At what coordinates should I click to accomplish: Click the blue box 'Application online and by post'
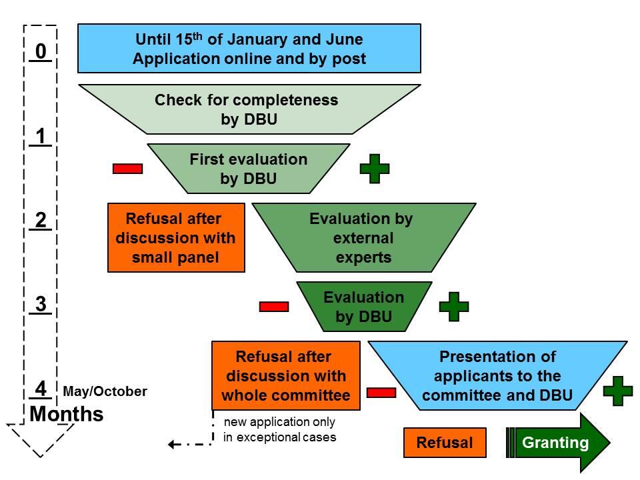pos(249,49)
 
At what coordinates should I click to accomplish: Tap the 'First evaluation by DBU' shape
pos(249,169)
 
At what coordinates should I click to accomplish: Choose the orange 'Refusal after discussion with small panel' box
pos(176,237)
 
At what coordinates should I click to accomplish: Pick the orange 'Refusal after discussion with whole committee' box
pos(285,375)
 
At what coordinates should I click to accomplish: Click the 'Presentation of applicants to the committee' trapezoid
pos(497,375)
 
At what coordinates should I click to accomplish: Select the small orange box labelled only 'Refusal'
pos(444,443)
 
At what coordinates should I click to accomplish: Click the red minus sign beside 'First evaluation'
pos(127,169)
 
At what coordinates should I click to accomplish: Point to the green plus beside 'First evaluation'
pos(375,169)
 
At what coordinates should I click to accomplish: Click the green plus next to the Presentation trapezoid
pos(617,391)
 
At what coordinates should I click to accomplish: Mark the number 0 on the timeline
pos(41,51)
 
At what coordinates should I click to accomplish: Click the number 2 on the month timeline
pos(41,221)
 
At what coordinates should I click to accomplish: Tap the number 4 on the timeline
pos(41,389)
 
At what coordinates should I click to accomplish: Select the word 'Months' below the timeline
pos(67,414)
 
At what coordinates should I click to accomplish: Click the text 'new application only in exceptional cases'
pos(279,430)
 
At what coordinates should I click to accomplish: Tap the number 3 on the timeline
pos(41,305)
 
